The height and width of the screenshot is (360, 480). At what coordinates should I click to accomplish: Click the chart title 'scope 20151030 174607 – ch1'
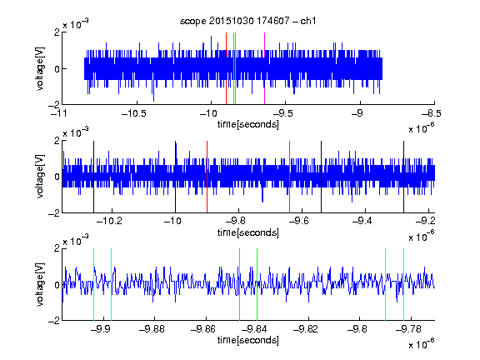pos(248,21)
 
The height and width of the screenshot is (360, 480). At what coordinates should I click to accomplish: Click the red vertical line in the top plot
pos(226,68)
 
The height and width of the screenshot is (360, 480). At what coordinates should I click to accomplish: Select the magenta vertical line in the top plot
pos(264,68)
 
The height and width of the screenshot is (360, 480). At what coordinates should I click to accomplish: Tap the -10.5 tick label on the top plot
pos(134,113)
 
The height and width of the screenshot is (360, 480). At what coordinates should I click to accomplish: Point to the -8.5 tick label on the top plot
pos(432,113)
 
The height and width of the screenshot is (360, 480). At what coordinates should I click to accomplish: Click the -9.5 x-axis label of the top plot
pos(282,113)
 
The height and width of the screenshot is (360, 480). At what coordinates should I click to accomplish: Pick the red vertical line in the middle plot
pos(207,177)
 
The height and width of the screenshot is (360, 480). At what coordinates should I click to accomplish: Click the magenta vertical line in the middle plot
pos(290,177)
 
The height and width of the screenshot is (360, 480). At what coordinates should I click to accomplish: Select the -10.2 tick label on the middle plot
pos(109,221)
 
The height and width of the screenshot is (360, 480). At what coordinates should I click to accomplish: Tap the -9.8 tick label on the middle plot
pos(236,221)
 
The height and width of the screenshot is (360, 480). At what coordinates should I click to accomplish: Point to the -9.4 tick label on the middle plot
pos(362,221)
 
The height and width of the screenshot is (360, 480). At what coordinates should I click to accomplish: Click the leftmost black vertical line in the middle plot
pos(93,177)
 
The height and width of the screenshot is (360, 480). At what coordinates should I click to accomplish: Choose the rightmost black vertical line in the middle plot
pos(404,177)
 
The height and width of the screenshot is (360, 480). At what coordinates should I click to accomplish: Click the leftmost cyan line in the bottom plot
pos(93,284)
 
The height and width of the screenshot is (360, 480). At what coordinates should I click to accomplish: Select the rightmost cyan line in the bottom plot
pos(404,284)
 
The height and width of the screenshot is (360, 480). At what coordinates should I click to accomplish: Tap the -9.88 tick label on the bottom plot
pos(152,329)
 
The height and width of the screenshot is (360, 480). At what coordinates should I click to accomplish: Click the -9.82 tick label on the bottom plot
pos(306,329)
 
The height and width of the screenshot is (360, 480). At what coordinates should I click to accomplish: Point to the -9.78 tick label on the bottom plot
pos(408,329)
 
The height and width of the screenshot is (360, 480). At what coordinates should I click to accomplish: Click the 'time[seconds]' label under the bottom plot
pos(248,340)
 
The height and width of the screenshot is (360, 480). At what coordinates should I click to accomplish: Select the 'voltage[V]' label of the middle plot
pos(40,177)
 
